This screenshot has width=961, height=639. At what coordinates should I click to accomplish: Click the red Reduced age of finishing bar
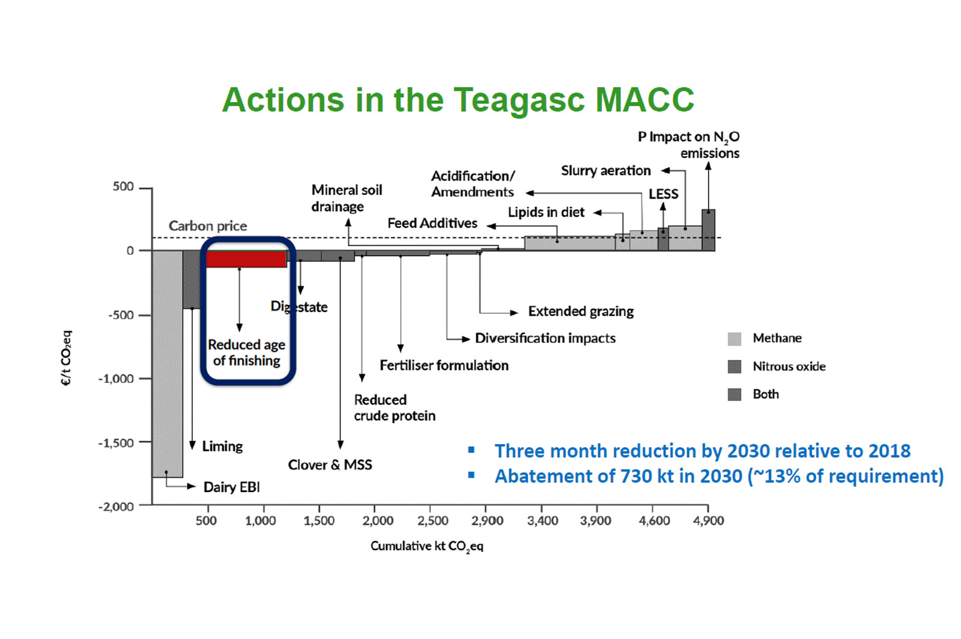pyautogui.click(x=246, y=259)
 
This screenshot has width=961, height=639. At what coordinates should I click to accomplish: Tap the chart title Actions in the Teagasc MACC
pyautogui.click(x=458, y=100)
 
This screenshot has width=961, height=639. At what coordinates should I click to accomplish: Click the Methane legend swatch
pyautogui.click(x=734, y=338)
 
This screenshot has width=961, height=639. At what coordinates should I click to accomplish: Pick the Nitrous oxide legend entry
pyautogui.click(x=789, y=367)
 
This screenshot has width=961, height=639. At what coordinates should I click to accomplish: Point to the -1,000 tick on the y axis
pyautogui.click(x=117, y=379)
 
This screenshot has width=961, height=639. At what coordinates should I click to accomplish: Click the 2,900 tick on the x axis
pyautogui.click(x=487, y=520)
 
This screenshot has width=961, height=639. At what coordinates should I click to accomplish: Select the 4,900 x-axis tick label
pyautogui.click(x=708, y=520)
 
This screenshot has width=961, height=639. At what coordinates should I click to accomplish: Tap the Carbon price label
pyautogui.click(x=208, y=226)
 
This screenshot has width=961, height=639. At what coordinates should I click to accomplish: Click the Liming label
pyautogui.click(x=222, y=446)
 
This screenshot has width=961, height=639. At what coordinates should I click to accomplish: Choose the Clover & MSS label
pyautogui.click(x=330, y=464)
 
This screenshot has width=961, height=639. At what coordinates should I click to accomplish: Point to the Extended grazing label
pyautogui.click(x=581, y=311)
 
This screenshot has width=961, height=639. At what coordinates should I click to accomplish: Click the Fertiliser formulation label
pyautogui.click(x=444, y=365)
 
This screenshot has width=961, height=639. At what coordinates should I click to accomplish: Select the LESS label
pyautogui.click(x=663, y=194)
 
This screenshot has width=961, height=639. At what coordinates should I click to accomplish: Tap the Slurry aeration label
pyautogui.click(x=605, y=170)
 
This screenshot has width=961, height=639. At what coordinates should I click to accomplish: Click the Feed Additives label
pyautogui.click(x=432, y=223)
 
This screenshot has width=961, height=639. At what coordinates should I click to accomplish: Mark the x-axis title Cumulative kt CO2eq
pyautogui.click(x=426, y=546)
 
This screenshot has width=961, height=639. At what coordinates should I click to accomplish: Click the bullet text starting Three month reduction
pyautogui.click(x=702, y=451)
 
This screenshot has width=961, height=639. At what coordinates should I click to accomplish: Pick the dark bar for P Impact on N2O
pyautogui.click(x=708, y=230)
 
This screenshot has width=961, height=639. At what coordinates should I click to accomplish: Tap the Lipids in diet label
pyautogui.click(x=546, y=212)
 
